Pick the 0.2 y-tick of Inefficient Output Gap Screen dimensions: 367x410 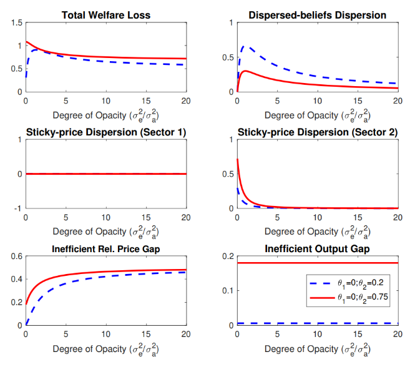pos(228,257)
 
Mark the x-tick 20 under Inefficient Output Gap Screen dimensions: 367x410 pos(398,334)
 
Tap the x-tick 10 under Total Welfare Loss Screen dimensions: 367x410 pos(106,100)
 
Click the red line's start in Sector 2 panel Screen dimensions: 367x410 pos(237,160)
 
